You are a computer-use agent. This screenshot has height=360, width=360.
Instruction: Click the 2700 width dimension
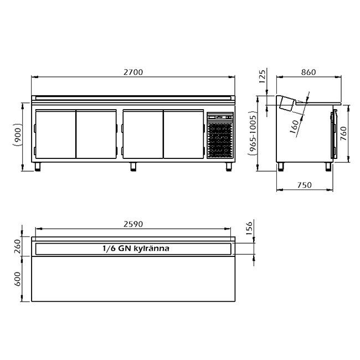(133, 72)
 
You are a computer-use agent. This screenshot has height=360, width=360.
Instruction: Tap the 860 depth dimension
(308, 72)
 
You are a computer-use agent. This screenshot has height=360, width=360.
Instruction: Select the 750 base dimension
(305, 185)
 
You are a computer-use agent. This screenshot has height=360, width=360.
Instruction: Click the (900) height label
(18, 135)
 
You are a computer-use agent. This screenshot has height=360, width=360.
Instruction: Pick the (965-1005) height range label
(253, 134)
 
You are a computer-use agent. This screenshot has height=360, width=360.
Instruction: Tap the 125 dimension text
(262, 76)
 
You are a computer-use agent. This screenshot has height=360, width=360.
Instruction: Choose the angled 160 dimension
(295, 126)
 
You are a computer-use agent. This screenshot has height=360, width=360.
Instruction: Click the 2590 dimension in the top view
(133, 224)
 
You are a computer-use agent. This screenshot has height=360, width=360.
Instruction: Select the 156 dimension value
(249, 228)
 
